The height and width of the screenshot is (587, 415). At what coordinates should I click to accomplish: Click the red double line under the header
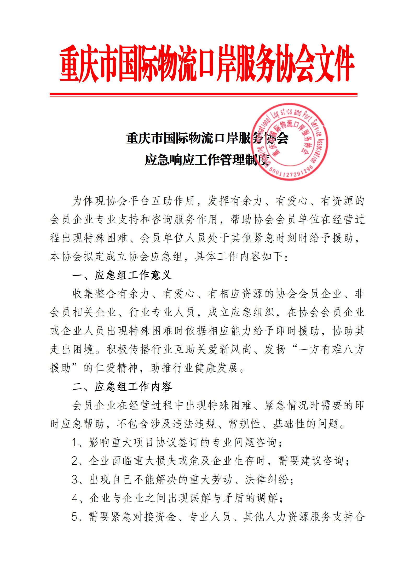[203, 94]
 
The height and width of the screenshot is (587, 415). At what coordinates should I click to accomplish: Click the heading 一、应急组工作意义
[122, 275]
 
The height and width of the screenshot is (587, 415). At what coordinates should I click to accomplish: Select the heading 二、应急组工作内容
[122, 387]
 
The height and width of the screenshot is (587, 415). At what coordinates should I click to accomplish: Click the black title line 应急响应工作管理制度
[207, 160]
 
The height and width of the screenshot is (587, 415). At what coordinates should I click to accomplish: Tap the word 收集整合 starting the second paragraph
[95, 294]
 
